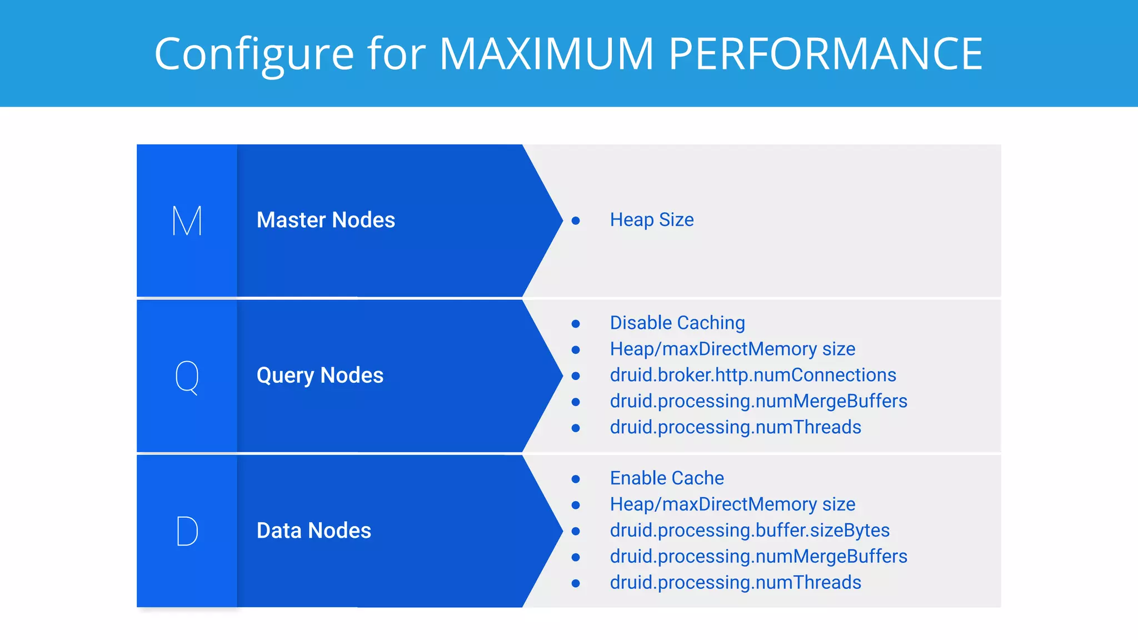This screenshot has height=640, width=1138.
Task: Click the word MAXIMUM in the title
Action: tap(547, 54)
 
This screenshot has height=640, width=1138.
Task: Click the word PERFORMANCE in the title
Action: tap(826, 54)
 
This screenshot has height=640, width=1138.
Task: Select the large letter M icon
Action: tap(187, 221)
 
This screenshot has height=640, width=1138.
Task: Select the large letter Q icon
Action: tap(187, 377)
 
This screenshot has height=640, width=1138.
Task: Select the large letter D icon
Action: tap(187, 531)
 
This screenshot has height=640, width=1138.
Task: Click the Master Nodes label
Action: tap(326, 220)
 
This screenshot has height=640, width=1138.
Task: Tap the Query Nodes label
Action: tap(320, 376)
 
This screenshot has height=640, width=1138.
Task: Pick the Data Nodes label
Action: tap(313, 531)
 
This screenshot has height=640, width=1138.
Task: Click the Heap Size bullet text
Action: tap(651, 220)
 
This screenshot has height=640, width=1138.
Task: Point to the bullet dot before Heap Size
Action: tap(576, 221)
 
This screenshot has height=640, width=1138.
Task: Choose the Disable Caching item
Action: tap(677, 323)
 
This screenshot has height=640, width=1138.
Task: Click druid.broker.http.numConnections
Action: tap(752, 375)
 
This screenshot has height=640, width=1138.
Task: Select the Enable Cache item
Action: tap(666, 478)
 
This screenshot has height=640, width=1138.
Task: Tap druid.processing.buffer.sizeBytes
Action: tap(749, 531)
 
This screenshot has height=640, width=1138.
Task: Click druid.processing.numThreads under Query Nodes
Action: tap(735, 427)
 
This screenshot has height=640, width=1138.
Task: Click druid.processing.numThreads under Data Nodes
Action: tap(735, 583)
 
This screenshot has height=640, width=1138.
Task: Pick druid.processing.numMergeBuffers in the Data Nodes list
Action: tap(758, 557)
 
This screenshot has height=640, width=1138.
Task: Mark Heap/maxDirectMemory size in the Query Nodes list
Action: tap(732, 349)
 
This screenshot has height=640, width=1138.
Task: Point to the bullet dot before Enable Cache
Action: tap(576, 479)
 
